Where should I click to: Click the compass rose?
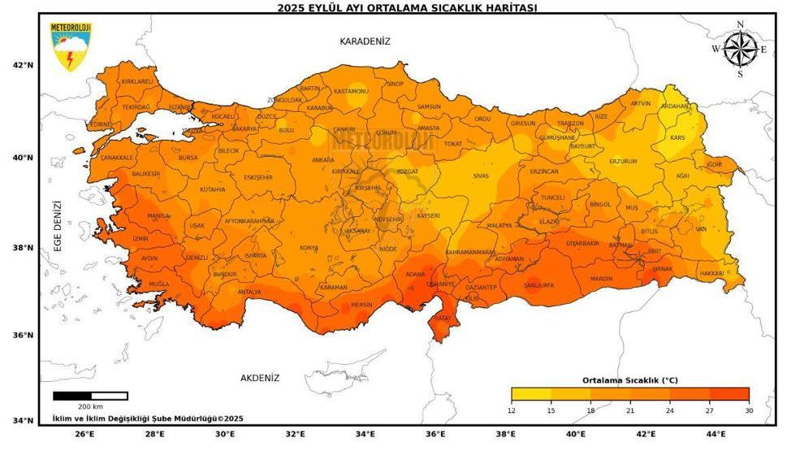(740, 49)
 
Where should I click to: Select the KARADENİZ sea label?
(365, 41)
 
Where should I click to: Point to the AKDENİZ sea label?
(260, 378)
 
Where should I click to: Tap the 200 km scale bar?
(90, 397)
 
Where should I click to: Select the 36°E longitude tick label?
(436, 434)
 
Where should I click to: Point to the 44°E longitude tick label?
(716, 434)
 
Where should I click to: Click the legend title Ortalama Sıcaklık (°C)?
(629, 380)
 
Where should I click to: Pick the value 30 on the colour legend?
(748, 410)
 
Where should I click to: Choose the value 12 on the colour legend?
(512, 410)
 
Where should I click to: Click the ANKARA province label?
(322, 160)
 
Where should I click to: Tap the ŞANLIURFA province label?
(538, 285)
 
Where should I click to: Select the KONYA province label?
(309, 248)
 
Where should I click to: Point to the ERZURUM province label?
(623, 162)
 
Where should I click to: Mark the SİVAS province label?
(482, 176)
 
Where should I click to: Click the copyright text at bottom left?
(148, 418)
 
